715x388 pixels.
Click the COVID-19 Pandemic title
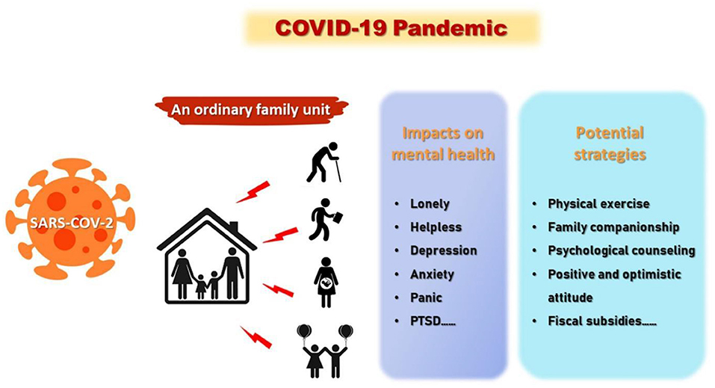click(x=391, y=28)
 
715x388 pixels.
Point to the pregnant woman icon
click(x=326, y=282)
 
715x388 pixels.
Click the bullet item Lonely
click(x=430, y=203)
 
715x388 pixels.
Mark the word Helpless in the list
click(x=436, y=227)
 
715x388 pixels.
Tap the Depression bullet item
click(x=443, y=250)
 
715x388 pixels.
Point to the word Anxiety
click(x=433, y=274)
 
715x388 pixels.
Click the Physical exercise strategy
click(x=598, y=203)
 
